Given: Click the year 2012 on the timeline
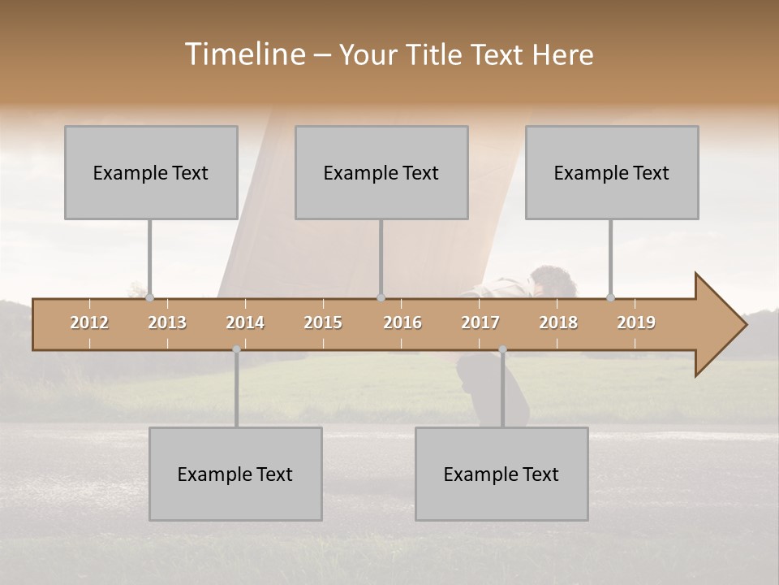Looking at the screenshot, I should [89, 323].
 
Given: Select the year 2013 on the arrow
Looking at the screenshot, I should [167, 323].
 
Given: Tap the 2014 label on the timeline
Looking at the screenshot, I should [245, 323].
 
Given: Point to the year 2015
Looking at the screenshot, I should [323, 323].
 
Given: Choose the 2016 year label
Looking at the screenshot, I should [402, 323].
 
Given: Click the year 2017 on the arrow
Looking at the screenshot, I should [480, 323].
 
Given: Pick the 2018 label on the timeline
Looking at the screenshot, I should [558, 323].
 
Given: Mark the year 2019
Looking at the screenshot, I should [636, 323].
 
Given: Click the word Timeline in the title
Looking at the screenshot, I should [243, 54].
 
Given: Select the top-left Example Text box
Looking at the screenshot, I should [151, 172].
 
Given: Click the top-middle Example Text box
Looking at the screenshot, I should [381, 172].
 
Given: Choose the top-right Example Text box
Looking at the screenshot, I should [612, 172].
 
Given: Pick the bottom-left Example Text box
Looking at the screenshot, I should [235, 474].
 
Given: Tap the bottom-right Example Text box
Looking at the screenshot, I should [501, 474].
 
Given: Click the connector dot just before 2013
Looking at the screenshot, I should [149, 297].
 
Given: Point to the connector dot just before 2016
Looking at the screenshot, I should [381, 297].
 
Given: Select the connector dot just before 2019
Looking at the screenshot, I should [611, 297].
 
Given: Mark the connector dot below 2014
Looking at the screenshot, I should [236, 349].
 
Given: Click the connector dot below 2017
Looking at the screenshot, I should [502, 349].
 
